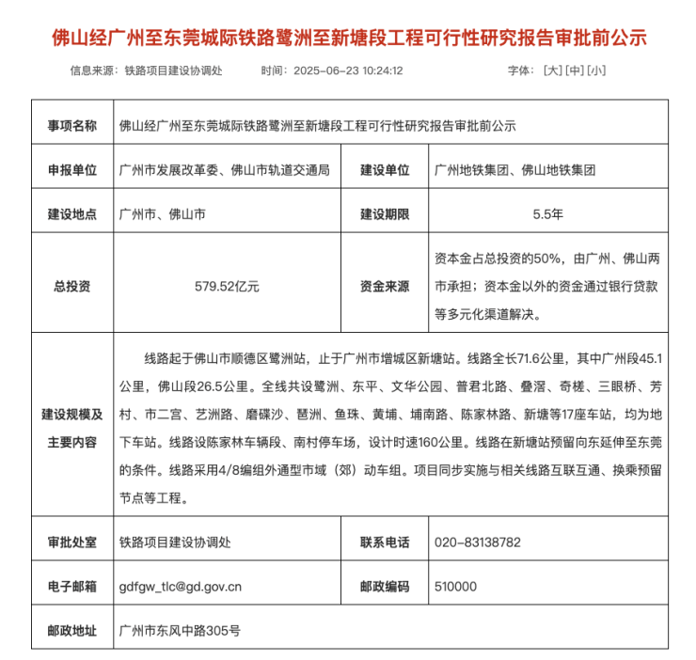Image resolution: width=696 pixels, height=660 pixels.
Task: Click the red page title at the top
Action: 348,39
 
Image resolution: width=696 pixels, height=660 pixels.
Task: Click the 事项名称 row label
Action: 71,125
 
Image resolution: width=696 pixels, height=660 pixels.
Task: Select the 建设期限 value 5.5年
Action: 547,214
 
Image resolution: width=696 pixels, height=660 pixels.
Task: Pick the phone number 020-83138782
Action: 478,542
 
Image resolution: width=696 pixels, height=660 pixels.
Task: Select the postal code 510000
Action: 456,587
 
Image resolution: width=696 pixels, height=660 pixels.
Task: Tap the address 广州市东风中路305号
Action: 180,630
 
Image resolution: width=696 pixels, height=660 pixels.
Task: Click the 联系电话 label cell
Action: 385,542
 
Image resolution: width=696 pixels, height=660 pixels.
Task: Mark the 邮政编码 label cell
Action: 385,587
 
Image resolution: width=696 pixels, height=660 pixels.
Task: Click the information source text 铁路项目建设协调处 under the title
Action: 173,71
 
